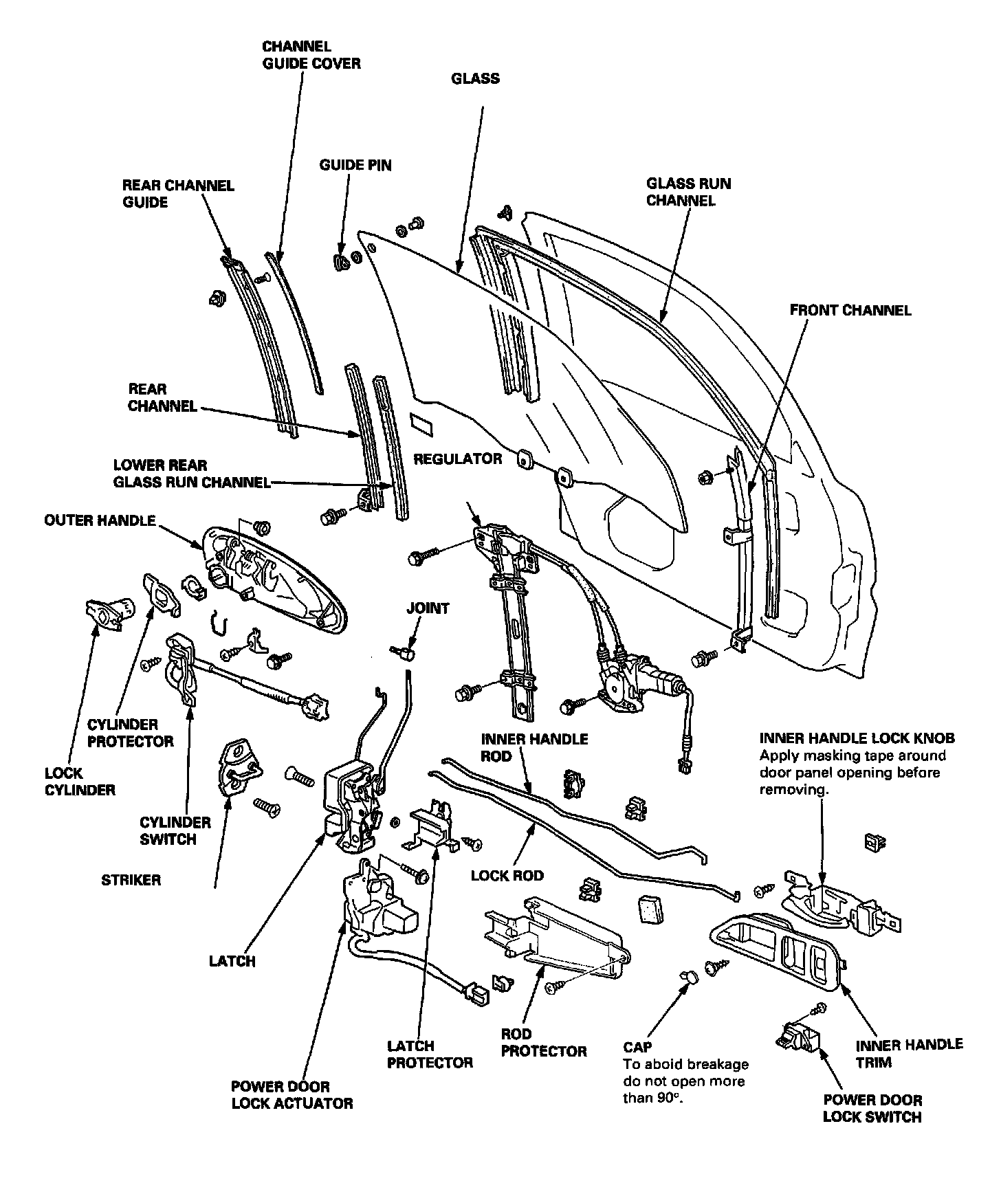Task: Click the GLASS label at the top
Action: click(x=475, y=78)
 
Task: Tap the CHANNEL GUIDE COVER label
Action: click(x=311, y=55)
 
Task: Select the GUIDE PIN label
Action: click(x=355, y=165)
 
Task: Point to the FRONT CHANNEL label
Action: click(x=850, y=310)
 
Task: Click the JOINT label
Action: click(x=428, y=608)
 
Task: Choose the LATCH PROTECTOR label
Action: click(x=430, y=1054)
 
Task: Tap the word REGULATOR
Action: click(x=457, y=459)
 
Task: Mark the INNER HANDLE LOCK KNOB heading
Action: click(x=857, y=738)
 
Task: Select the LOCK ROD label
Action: click(x=507, y=876)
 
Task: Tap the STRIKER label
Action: click(x=131, y=880)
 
